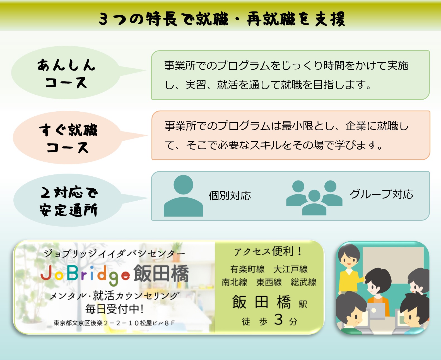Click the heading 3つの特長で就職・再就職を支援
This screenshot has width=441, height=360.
[222, 19]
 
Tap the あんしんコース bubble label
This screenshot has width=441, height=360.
[66, 73]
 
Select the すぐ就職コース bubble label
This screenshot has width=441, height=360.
[68, 138]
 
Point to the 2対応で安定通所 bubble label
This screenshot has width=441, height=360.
[69, 201]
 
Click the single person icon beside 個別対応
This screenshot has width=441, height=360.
[183, 196]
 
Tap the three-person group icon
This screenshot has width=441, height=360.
[314, 198]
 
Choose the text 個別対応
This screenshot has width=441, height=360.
[230, 196]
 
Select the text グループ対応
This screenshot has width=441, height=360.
[381, 194]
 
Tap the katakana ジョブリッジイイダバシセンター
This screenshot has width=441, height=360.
[114, 253]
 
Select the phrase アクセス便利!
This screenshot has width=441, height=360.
[268, 251]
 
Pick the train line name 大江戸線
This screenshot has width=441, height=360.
[290, 269]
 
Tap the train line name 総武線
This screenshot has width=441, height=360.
[303, 282]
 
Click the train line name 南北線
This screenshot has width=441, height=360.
[234, 282]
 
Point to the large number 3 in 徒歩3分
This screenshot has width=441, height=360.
[278, 320]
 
